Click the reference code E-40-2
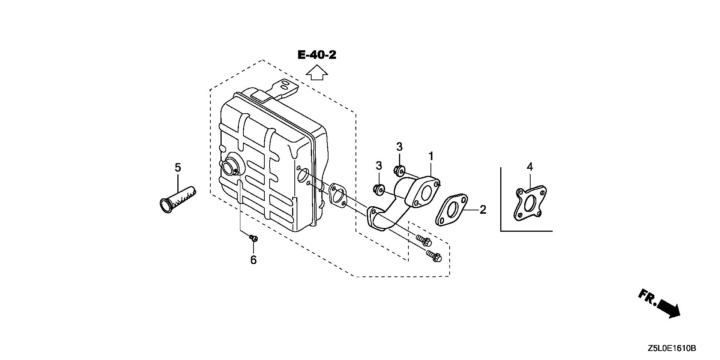[x=317, y=55]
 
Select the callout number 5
[x=178, y=167]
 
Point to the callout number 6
[x=253, y=259]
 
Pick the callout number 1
[x=431, y=156]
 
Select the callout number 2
[x=483, y=210]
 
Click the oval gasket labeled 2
[x=451, y=210]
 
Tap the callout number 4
[x=529, y=166]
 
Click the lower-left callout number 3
[x=379, y=165]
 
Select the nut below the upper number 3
[x=399, y=171]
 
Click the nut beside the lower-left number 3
[x=378, y=190]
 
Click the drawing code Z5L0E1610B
[x=672, y=349]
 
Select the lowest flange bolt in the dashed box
[x=434, y=257]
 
